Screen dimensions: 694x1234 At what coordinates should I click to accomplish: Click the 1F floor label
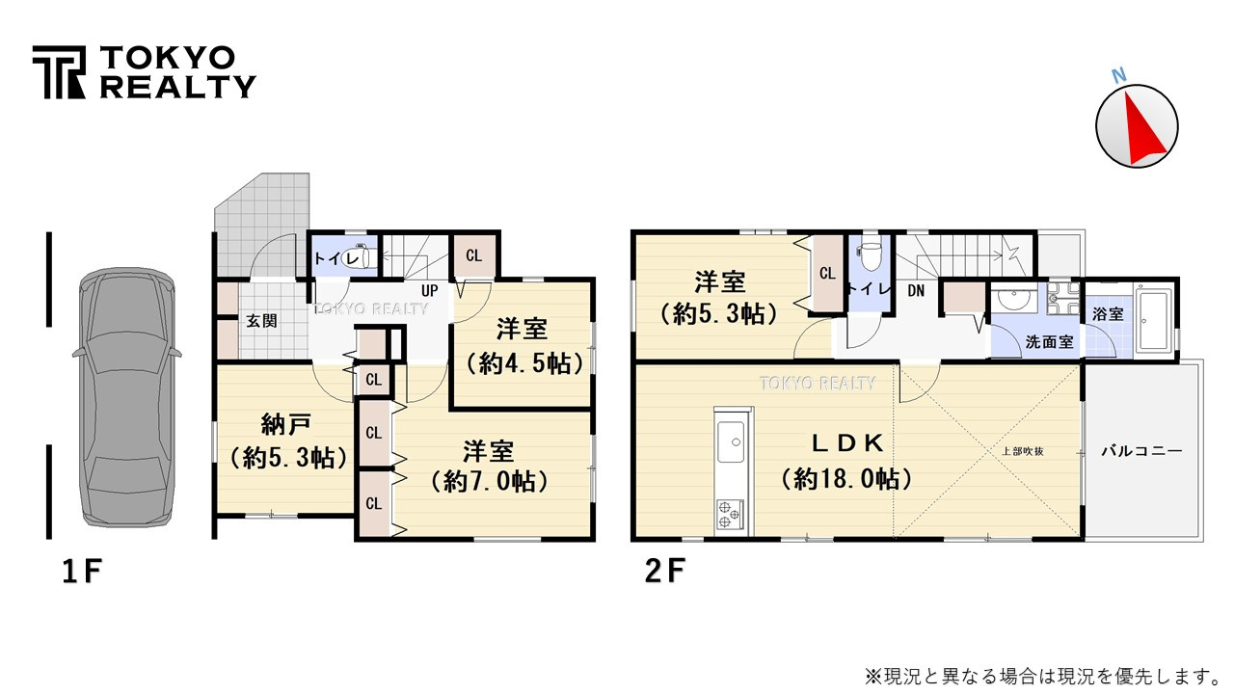point(81,572)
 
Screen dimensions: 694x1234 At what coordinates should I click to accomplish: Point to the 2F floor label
point(664,572)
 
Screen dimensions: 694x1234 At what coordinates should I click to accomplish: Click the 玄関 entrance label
point(261,320)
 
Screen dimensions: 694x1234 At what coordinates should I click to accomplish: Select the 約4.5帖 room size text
point(523,363)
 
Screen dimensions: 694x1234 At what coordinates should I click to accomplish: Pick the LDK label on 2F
point(846,442)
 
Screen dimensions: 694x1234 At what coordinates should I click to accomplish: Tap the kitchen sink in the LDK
point(732,444)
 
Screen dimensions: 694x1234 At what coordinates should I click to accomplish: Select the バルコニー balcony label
point(1140,450)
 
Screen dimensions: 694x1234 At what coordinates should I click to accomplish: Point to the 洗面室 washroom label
point(1049,341)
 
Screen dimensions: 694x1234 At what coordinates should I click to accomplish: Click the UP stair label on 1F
point(430,289)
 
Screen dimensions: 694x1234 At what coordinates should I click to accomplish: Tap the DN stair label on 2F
point(916,289)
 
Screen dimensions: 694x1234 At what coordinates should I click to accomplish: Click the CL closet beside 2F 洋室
point(826,274)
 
